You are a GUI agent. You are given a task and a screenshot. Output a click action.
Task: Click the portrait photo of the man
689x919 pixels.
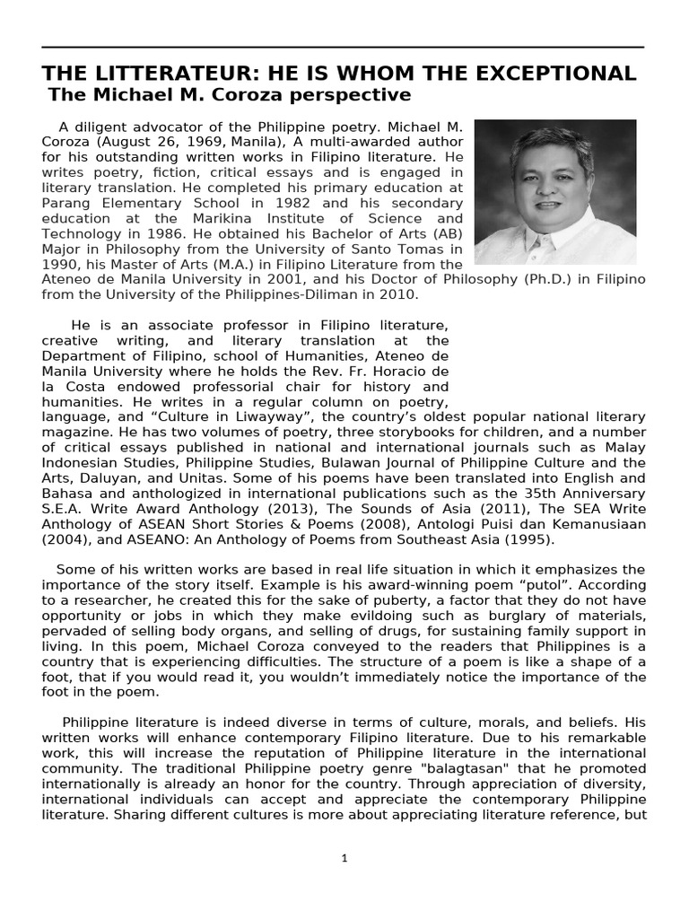pyautogui.click(x=554, y=191)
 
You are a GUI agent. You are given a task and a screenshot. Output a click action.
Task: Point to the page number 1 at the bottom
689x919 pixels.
pyautogui.click(x=344, y=859)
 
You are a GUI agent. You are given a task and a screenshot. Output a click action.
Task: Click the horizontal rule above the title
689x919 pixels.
pyautogui.click(x=344, y=47)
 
